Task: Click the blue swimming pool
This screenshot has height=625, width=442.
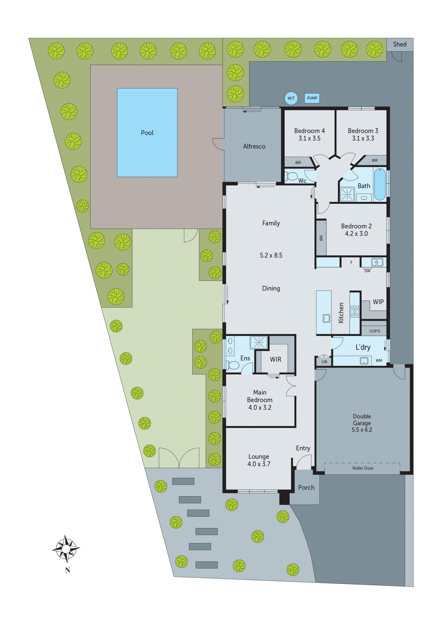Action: tap(147, 133)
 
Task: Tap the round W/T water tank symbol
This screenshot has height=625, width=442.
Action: tap(291, 98)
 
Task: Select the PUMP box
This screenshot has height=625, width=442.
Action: tap(312, 98)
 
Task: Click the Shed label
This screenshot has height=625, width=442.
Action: tap(400, 44)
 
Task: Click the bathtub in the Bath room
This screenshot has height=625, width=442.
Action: tap(380, 184)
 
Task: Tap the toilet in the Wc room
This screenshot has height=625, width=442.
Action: tap(292, 176)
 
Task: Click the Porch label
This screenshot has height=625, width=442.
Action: tap(306, 487)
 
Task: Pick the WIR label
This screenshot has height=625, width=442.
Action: tap(275, 359)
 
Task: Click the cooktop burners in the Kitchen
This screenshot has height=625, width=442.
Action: tap(355, 311)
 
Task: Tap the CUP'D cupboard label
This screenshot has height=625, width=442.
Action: tap(374, 331)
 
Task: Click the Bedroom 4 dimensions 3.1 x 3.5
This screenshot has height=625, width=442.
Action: tap(309, 138)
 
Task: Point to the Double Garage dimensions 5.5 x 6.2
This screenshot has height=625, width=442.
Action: tap(362, 430)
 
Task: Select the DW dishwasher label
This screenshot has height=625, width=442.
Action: tap(367, 271)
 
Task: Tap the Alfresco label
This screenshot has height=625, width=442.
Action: tap(254, 146)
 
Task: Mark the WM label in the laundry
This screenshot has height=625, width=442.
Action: tap(379, 360)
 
